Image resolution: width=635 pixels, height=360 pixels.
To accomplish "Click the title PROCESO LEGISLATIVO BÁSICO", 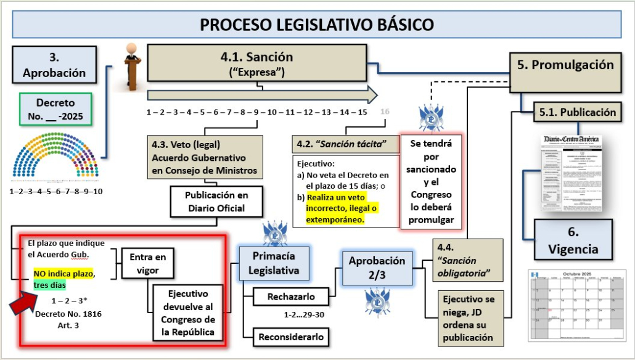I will [x=317, y=25].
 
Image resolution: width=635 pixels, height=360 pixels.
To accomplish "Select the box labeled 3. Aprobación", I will [x=54, y=65].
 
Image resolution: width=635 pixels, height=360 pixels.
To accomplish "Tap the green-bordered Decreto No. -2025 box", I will [x=55, y=109].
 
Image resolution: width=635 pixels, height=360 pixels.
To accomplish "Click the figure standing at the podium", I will [x=131, y=65].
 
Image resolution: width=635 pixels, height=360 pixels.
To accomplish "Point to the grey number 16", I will [x=385, y=112].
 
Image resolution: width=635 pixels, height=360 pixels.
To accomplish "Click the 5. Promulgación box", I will [x=565, y=65].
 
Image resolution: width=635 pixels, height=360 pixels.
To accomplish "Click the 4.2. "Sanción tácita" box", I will [x=346, y=144].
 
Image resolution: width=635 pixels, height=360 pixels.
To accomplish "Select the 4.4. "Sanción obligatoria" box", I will [x=468, y=261].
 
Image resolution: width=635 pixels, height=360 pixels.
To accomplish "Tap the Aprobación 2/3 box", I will [x=377, y=268].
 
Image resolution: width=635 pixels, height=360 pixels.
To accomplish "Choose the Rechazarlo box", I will [x=291, y=297].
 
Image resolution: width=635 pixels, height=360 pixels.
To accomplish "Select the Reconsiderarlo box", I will [x=291, y=337].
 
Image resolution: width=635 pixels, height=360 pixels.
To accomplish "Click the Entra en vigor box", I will [x=147, y=263].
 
